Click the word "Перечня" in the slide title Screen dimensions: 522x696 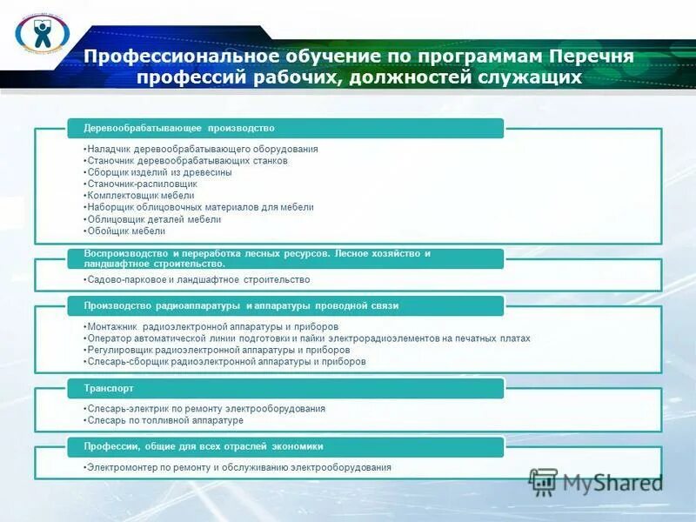[x=592, y=57]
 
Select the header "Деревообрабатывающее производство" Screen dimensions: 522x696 [x=179, y=128]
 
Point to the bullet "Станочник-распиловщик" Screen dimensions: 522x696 [x=142, y=184]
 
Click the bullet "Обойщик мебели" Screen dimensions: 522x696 [x=126, y=231]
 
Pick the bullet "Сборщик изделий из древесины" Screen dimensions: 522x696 [x=159, y=172]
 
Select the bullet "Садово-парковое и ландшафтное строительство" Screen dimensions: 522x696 [x=198, y=279]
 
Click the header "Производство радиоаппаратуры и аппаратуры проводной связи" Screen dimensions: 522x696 [x=241, y=305]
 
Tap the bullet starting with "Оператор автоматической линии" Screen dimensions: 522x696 [x=308, y=338]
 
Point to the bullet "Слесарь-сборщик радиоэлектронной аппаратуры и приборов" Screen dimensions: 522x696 [x=226, y=361]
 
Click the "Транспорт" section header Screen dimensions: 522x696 [x=109, y=388]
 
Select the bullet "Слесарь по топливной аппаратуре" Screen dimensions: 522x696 [x=164, y=420]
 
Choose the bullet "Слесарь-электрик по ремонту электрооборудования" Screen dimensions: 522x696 [x=206, y=408]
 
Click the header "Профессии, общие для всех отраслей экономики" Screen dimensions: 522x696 [x=204, y=446]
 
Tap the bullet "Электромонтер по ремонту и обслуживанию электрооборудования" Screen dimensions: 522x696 [x=238, y=467]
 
